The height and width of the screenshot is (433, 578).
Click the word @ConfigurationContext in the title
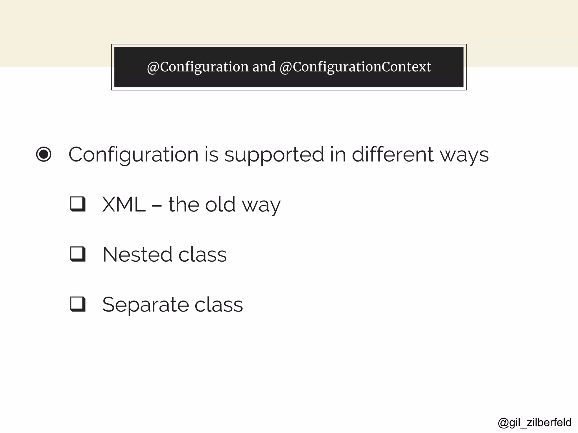point(355,67)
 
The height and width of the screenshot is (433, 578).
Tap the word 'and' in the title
point(264,67)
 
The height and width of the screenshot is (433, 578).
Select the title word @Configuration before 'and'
point(198,67)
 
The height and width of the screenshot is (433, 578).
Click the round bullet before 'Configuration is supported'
point(44,154)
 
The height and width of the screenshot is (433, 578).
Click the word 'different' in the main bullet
point(392,154)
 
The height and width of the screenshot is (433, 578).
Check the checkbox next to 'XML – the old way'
point(78,204)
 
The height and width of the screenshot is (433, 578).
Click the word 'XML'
point(124,204)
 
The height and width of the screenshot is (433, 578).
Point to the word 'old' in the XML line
point(220,204)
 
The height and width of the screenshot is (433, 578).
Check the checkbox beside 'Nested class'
point(78,254)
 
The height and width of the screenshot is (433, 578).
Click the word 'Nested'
point(137,255)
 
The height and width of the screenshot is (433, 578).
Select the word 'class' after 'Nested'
point(202,255)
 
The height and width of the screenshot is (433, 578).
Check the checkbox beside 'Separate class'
point(78,304)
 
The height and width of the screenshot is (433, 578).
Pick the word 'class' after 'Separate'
point(218,305)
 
